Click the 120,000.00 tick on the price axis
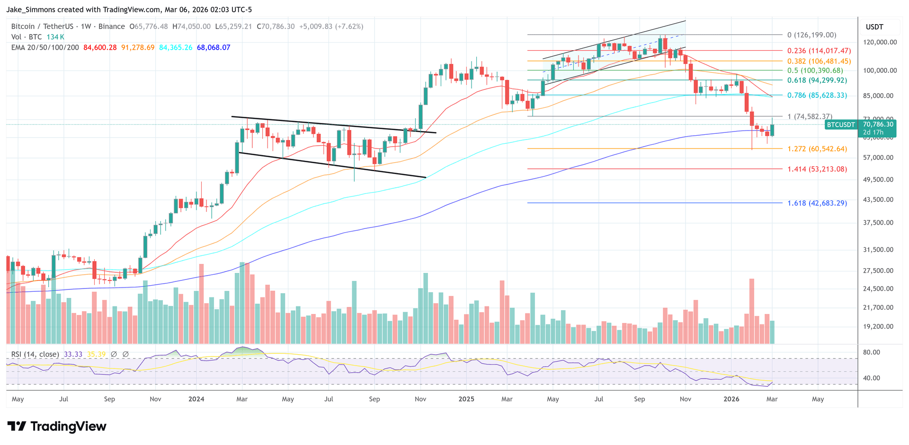880,42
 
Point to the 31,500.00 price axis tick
878,250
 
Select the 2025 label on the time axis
466,399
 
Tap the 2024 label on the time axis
196,399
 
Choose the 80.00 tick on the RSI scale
871,352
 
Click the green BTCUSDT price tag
840,125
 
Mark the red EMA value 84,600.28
100,47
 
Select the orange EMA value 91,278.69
138,47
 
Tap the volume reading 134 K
55,37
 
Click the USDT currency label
874,27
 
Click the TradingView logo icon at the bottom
17,427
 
